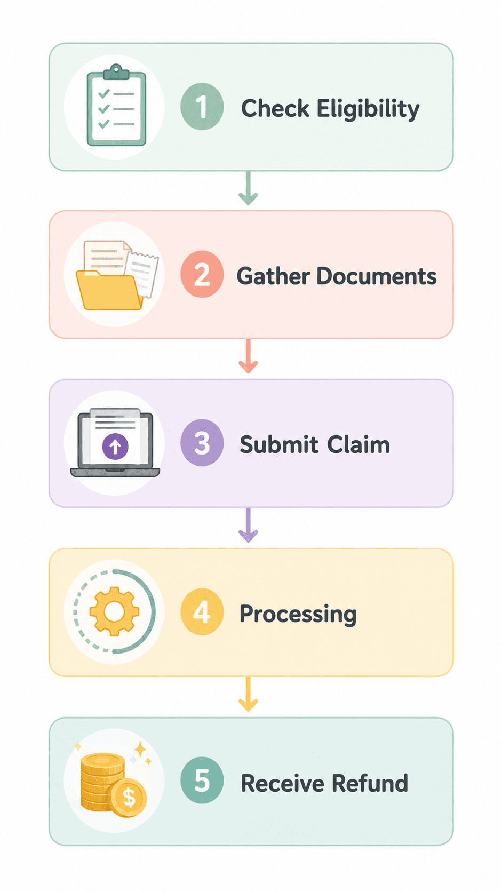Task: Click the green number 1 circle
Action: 202,106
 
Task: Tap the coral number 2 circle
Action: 202,274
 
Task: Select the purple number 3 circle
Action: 202,442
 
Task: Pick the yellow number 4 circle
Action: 202,611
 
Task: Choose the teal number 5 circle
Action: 202,780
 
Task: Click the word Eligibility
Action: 368,109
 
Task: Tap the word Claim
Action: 358,444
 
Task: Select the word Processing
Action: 298,614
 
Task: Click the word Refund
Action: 370,783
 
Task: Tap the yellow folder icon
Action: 109,290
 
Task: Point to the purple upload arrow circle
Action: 115,447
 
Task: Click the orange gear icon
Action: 114,611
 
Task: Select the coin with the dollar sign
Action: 129,798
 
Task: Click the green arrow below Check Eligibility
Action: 248,188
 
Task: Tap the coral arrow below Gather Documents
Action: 248,356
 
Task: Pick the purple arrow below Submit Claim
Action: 248,525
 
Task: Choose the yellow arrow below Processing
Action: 248,694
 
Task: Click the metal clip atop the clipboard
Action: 116,71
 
